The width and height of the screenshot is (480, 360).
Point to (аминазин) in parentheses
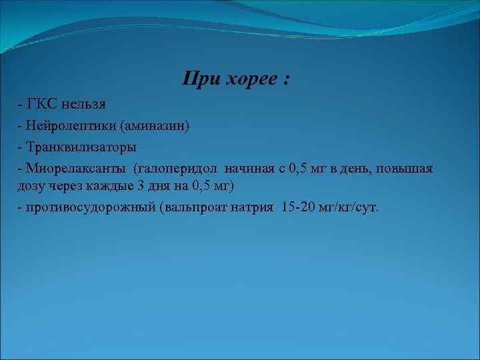click(x=154, y=125)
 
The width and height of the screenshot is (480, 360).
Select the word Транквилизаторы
click(x=81, y=145)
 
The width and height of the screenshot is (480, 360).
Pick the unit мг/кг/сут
click(x=350, y=207)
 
